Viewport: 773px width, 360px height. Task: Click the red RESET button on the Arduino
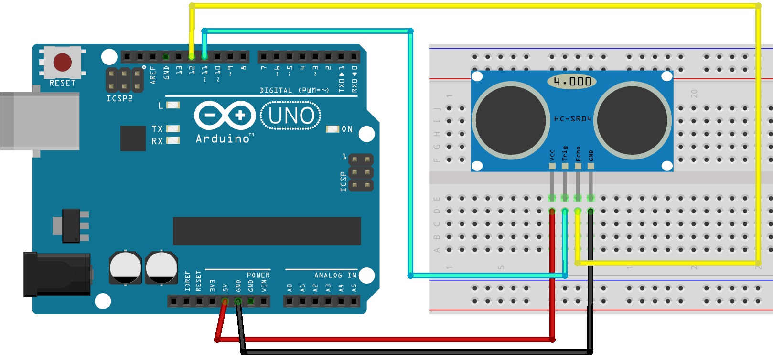pyautogui.click(x=63, y=62)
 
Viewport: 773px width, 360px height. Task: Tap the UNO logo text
pyautogui.click(x=291, y=116)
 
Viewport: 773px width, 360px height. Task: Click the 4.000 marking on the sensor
pyautogui.click(x=572, y=82)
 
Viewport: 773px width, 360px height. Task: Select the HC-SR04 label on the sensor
pyautogui.click(x=572, y=119)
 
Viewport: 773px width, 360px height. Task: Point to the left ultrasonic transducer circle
pyautogui.click(x=511, y=120)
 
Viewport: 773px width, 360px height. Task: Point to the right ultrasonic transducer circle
pyautogui.click(x=632, y=120)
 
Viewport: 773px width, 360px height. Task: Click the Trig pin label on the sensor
pyautogui.click(x=565, y=153)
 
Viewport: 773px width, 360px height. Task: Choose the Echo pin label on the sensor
pyautogui.click(x=578, y=153)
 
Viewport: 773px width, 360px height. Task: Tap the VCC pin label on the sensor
pyautogui.click(x=552, y=155)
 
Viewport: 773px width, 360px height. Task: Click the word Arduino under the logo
pyautogui.click(x=223, y=138)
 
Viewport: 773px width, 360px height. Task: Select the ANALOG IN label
pyautogui.click(x=335, y=275)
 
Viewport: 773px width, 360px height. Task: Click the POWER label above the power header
pyautogui.click(x=258, y=275)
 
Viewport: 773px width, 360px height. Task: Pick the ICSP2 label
pyautogui.click(x=119, y=98)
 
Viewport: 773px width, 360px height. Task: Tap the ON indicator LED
pyautogui.click(x=332, y=129)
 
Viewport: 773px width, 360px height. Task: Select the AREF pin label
pyautogui.click(x=153, y=75)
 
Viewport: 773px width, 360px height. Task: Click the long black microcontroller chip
pyautogui.click(x=267, y=231)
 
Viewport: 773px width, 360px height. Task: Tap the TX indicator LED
pyautogui.click(x=173, y=129)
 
